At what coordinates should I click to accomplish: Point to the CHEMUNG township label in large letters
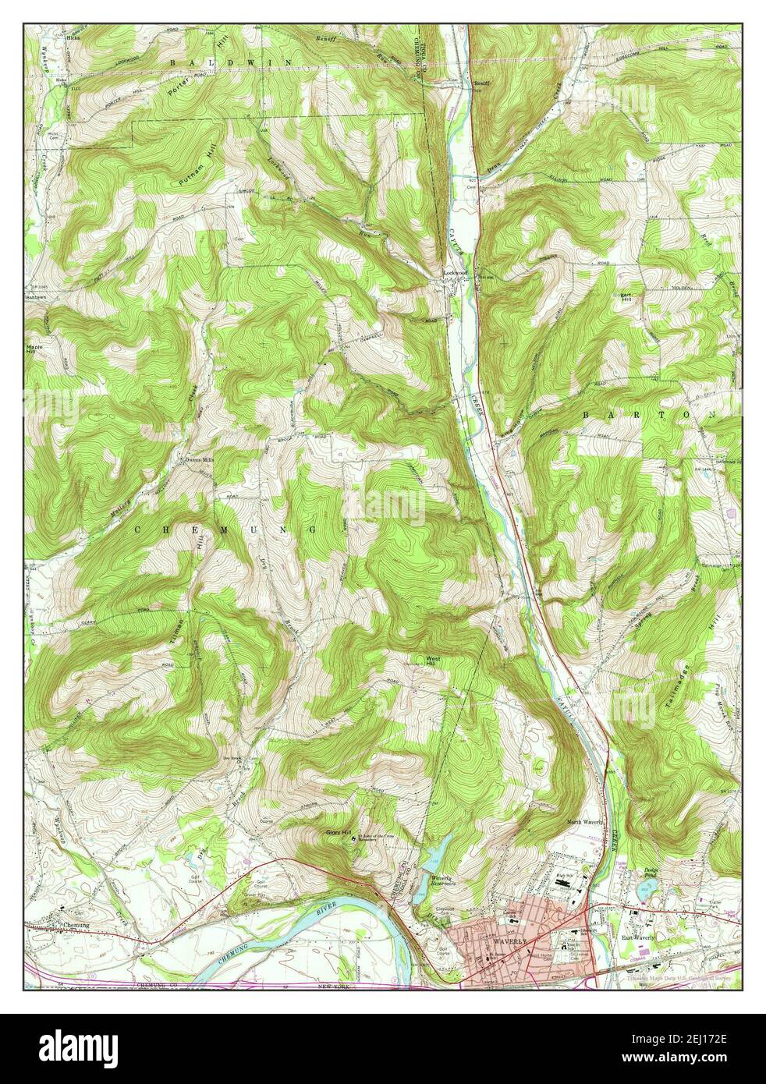tap(226, 530)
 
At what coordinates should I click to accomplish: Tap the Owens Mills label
tap(198, 460)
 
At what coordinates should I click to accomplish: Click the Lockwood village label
tap(456, 272)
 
